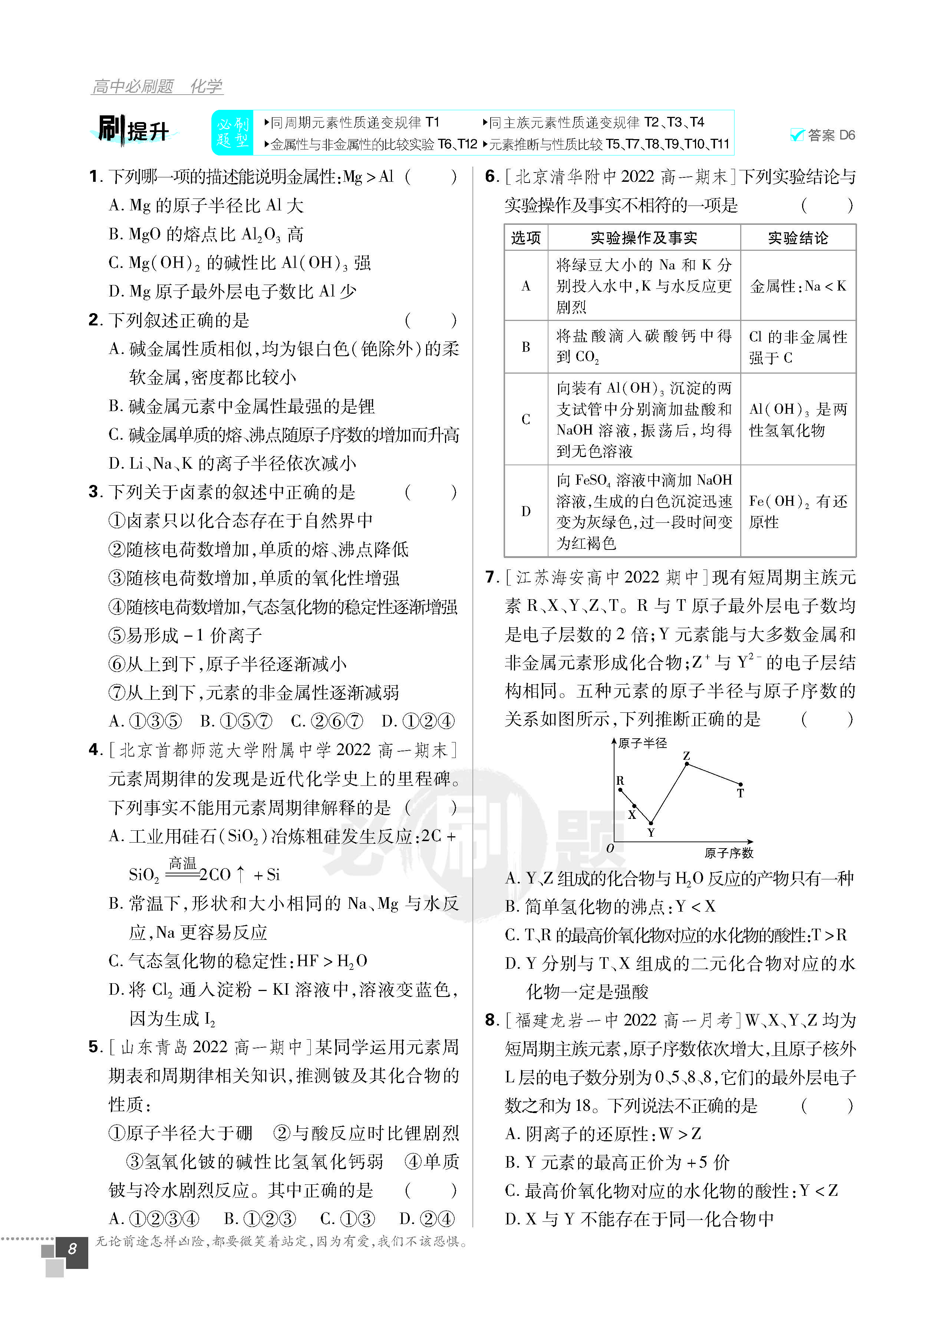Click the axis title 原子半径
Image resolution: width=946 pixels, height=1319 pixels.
(x=643, y=743)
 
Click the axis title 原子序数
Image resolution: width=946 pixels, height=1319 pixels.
(x=729, y=853)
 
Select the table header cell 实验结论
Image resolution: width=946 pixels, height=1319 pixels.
(x=798, y=238)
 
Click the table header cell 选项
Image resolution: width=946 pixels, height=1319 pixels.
(x=525, y=238)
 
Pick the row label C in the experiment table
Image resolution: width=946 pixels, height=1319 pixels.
(x=525, y=419)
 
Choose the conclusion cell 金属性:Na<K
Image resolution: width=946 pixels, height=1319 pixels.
(x=798, y=286)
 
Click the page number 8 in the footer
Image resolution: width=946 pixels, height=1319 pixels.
(x=72, y=1249)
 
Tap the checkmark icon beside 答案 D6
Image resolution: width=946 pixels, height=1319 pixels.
(x=797, y=135)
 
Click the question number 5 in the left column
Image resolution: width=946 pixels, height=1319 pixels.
(x=95, y=1047)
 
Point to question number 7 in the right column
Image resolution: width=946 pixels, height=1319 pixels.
(x=491, y=577)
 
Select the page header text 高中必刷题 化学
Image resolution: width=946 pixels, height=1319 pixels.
(x=157, y=87)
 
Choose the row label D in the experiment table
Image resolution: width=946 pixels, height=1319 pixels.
(x=525, y=511)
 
